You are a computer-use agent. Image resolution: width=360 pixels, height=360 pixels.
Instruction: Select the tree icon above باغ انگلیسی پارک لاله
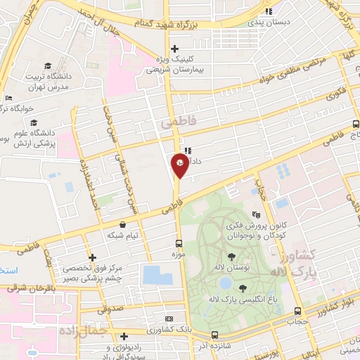pyautogui.click(x=243, y=288)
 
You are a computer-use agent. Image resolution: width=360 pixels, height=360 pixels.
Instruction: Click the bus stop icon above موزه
pyautogui.click(x=181, y=245)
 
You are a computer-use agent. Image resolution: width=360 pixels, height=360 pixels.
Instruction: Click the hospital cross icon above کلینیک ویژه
pyautogui.click(x=175, y=47)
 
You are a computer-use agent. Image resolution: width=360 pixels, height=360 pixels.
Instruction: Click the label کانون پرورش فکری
pyautogui.click(x=259, y=227)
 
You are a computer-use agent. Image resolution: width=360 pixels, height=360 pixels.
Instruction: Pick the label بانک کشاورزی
pyautogui.click(x=193, y=328)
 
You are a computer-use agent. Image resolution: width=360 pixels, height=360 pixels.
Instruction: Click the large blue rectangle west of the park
pyautogui.click(x=157, y=275)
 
